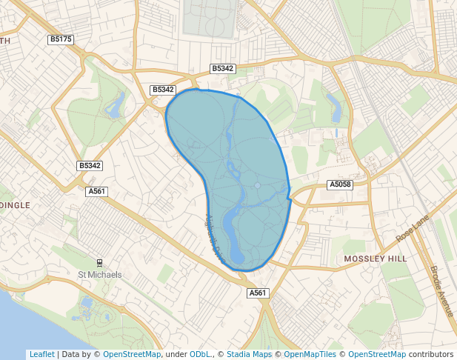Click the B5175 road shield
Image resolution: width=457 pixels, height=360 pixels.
[x=61, y=39]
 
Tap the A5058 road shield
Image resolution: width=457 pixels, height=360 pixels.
[x=340, y=184]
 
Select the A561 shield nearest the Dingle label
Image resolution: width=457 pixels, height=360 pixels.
[x=97, y=191]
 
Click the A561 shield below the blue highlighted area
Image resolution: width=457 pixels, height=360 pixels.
[x=258, y=293]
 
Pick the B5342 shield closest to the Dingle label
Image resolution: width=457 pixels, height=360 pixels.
[x=90, y=166]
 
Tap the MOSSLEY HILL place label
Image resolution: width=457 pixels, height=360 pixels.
[x=376, y=259]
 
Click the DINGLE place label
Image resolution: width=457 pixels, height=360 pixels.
[x=16, y=205]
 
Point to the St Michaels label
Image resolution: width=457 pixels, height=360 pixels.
[x=99, y=275]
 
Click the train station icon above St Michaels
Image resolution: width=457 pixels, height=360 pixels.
[x=99, y=263]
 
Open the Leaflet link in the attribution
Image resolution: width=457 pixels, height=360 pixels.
[x=41, y=354]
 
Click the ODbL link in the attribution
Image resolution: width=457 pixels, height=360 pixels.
[x=199, y=354]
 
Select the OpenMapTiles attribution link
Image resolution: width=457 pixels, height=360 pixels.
[x=310, y=354]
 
